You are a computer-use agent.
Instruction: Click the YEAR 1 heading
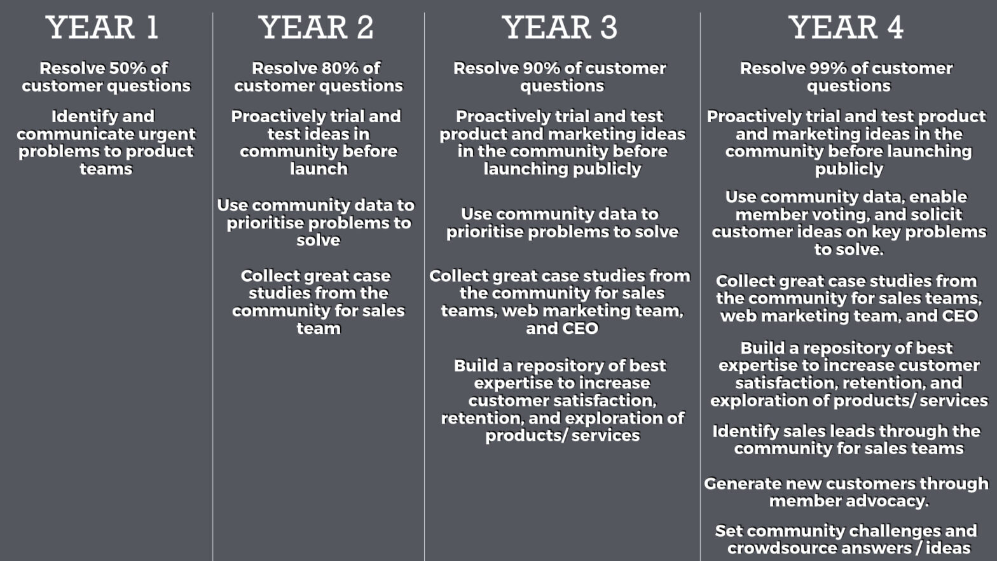(x=102, y=27)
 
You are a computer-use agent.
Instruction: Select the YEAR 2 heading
(x=316, y=27)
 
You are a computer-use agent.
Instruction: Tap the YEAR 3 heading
(x=560, y=27)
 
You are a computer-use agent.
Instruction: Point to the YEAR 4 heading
(x=846, y=27)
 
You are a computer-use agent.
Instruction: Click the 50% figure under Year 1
(x=128, y=68)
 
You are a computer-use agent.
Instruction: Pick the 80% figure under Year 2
(x=340, y=68)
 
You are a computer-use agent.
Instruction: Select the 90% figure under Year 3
(x=542, y=68)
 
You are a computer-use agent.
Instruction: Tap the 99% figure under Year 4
(x=829, y=68)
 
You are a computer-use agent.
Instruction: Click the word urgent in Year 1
(x=167, y=135)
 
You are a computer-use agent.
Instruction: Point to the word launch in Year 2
(x=319, y=169)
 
